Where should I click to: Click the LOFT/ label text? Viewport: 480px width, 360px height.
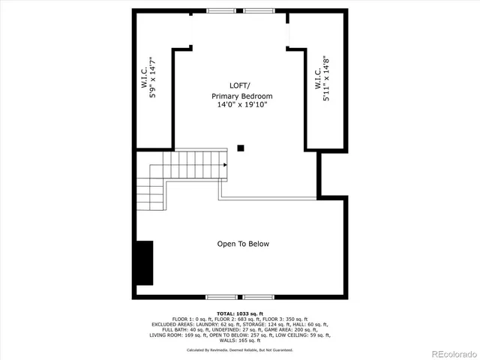point(241,86)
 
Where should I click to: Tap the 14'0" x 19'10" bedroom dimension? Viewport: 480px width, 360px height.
point(241,105)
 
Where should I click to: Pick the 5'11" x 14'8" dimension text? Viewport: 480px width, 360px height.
point(327,79)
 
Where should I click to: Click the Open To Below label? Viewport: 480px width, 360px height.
point(243,244)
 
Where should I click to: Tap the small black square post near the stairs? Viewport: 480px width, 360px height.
point(240,148)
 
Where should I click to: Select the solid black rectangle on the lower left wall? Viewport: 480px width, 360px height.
point(144,259)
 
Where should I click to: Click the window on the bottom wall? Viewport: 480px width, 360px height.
point(241,295)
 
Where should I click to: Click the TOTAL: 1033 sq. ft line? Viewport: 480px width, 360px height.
point(240,313)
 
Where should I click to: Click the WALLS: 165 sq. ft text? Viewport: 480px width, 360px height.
point(240,340)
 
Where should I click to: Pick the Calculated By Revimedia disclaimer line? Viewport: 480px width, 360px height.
point(240,350)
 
